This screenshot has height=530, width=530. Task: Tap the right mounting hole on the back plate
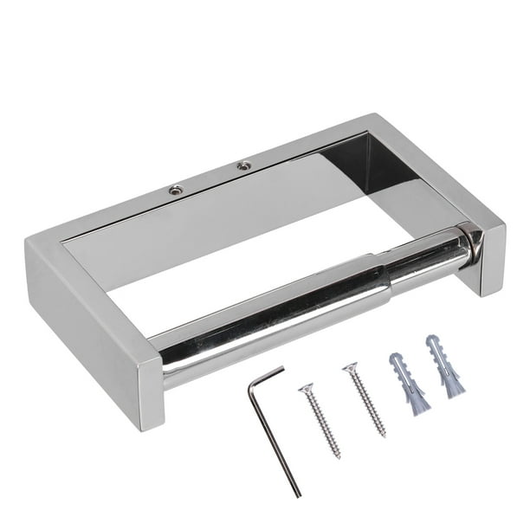click(243, 163)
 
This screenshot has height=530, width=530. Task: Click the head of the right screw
click(348, 369)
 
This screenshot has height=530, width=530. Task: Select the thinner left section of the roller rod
click(260, 324)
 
